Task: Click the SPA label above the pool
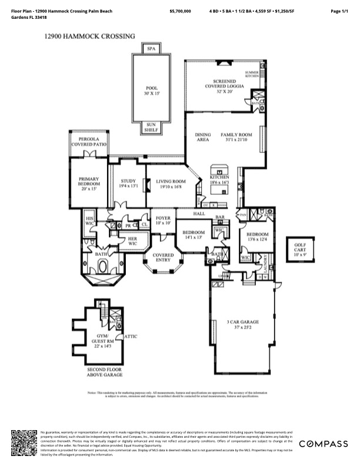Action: click(x=151, y=49)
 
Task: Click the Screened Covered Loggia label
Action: click(x=221, y=86)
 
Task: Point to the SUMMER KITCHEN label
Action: click(x=252, y=74)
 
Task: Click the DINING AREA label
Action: click(x=203, y=138)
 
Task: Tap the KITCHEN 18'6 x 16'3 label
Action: click(x=219, y=180)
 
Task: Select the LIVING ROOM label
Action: click(x=171, y=184)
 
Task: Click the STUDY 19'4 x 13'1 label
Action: click(x=128, y=184)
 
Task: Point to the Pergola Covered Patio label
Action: click(x=88, y=142)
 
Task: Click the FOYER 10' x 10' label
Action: click(x=163, y=221)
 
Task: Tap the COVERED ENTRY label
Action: click(x=163, y=258)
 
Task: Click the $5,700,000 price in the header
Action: click(x=180, y=11)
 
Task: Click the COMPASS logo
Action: click(x=323, y=444)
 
